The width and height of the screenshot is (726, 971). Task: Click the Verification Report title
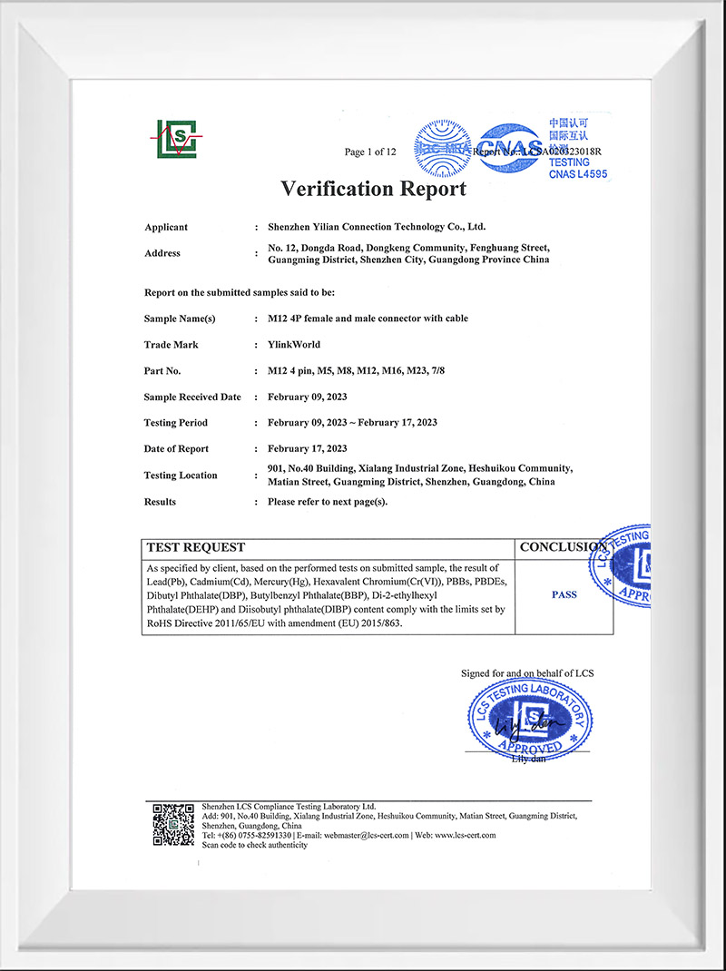(373, 189)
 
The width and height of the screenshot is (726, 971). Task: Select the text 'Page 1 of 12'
(370, 152)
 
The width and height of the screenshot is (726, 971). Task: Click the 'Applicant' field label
(166, 227)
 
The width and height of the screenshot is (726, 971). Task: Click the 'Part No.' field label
(162, 371)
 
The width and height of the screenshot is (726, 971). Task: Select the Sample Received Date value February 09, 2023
(308, 397)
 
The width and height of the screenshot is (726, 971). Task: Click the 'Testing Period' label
(175, 423)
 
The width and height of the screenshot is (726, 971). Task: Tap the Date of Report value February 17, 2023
(308, 449)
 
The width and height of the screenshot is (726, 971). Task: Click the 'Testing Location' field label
(181, 476)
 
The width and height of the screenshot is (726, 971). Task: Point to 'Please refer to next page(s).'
(328, 502)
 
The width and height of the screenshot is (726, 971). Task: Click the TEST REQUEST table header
(196, 547)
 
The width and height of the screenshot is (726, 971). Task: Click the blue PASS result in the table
(564, 595)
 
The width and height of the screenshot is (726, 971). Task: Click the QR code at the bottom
(172, 824)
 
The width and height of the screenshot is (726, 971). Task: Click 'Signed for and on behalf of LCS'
(527, 673)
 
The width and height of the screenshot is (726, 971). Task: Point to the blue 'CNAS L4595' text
(577, 173)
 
